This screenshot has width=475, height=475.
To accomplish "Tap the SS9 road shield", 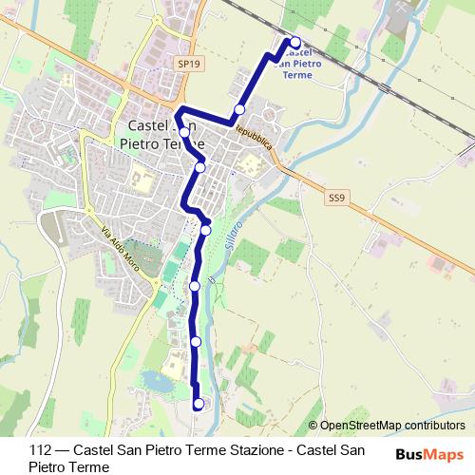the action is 335,198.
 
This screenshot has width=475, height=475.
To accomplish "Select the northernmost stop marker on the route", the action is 295,42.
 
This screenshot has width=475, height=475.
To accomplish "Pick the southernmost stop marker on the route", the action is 199,403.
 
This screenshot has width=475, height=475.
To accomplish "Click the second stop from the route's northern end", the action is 240,109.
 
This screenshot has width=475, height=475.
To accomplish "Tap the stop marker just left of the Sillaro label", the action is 205,229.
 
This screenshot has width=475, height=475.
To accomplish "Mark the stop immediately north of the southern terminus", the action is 196,340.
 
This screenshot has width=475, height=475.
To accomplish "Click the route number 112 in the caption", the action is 41,451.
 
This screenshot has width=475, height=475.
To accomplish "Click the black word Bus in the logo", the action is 409,455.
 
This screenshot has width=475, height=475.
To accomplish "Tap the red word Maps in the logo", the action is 445,455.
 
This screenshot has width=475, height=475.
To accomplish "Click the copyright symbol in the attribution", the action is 314,426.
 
